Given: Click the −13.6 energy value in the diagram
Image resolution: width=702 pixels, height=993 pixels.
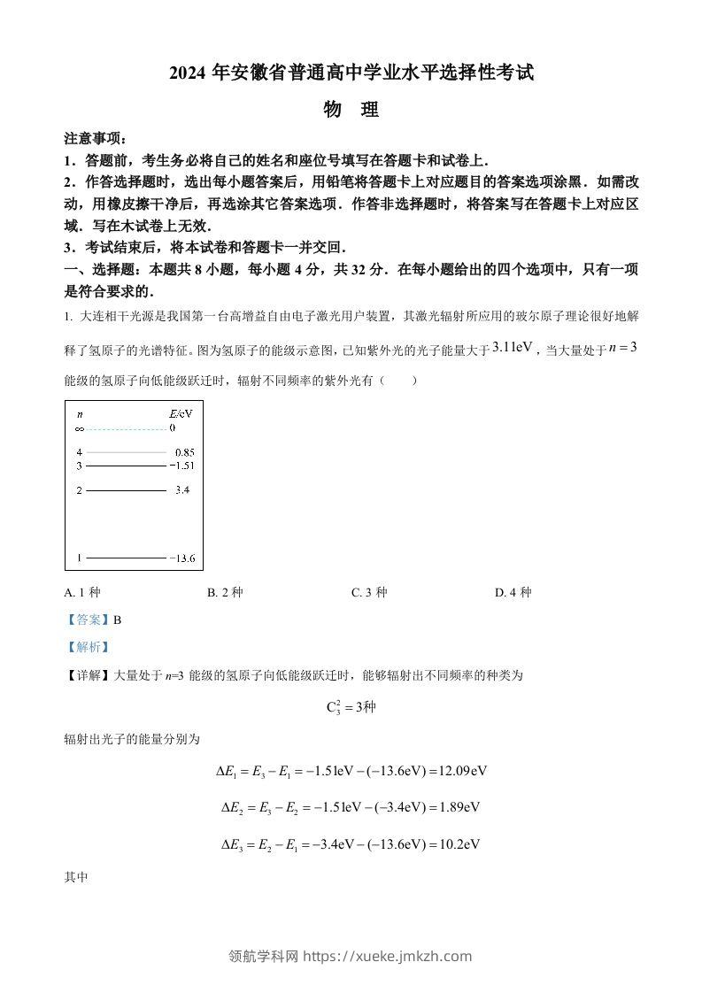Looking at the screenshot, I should (x=184, y=558).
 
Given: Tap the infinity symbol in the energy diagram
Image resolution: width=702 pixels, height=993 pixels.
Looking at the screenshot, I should (x=79, y=428).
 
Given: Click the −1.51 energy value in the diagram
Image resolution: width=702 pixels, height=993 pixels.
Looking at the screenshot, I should (x=183, y=466).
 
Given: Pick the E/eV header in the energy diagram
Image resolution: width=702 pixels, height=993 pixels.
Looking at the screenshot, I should (x=180, y=413).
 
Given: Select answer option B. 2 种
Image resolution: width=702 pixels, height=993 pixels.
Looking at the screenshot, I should (x=225, y=592).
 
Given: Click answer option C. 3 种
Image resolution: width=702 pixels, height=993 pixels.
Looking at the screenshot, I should (x=369, y=592).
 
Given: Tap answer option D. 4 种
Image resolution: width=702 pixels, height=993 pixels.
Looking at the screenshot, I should (x=513, y=592).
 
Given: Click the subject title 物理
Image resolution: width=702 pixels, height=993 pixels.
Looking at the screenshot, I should (x=351, y=110).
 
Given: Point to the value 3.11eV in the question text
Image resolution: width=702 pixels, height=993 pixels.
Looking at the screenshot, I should (x=513, y=348).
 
